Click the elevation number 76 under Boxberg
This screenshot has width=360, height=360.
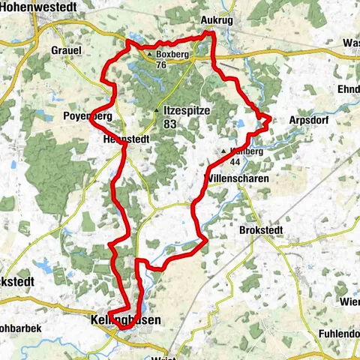point(160,64)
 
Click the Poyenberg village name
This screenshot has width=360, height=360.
point(87,116)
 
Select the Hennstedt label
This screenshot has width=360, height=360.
point(123,139)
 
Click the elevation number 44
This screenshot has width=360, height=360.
point(235,162)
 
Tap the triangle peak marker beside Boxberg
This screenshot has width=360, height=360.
point(150,55)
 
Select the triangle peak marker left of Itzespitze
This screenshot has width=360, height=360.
point(156,111)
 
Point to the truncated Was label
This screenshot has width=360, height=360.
point(350,43)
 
